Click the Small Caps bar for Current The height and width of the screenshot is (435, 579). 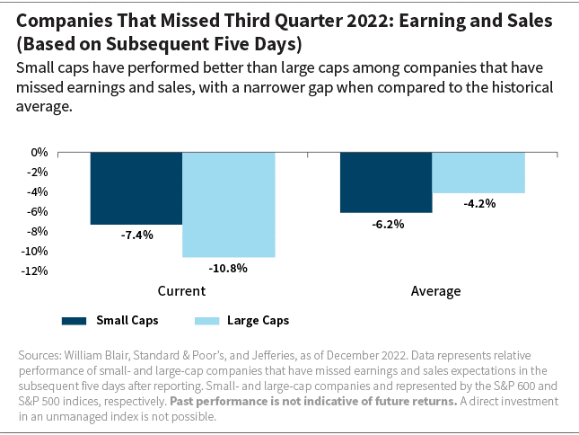(x=136, y=188)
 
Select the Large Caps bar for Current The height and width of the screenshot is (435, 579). (x=228, y=204)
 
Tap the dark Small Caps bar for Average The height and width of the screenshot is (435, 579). (x=385, y=182)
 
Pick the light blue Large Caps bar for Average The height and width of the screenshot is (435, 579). (x=478, y=173)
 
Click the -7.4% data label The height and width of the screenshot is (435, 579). (x=136, y=235)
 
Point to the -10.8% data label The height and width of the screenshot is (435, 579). (x=228, y=268)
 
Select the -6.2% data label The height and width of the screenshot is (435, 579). (x=386, y=224)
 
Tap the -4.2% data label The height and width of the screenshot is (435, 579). (x=478, y=204)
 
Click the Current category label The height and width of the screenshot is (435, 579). (x=181, y=291)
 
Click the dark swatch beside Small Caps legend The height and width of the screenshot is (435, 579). (x=84, y=320)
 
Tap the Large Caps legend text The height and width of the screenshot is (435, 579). (x=258, y=320)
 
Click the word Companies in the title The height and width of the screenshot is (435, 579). (x=62, y=20)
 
